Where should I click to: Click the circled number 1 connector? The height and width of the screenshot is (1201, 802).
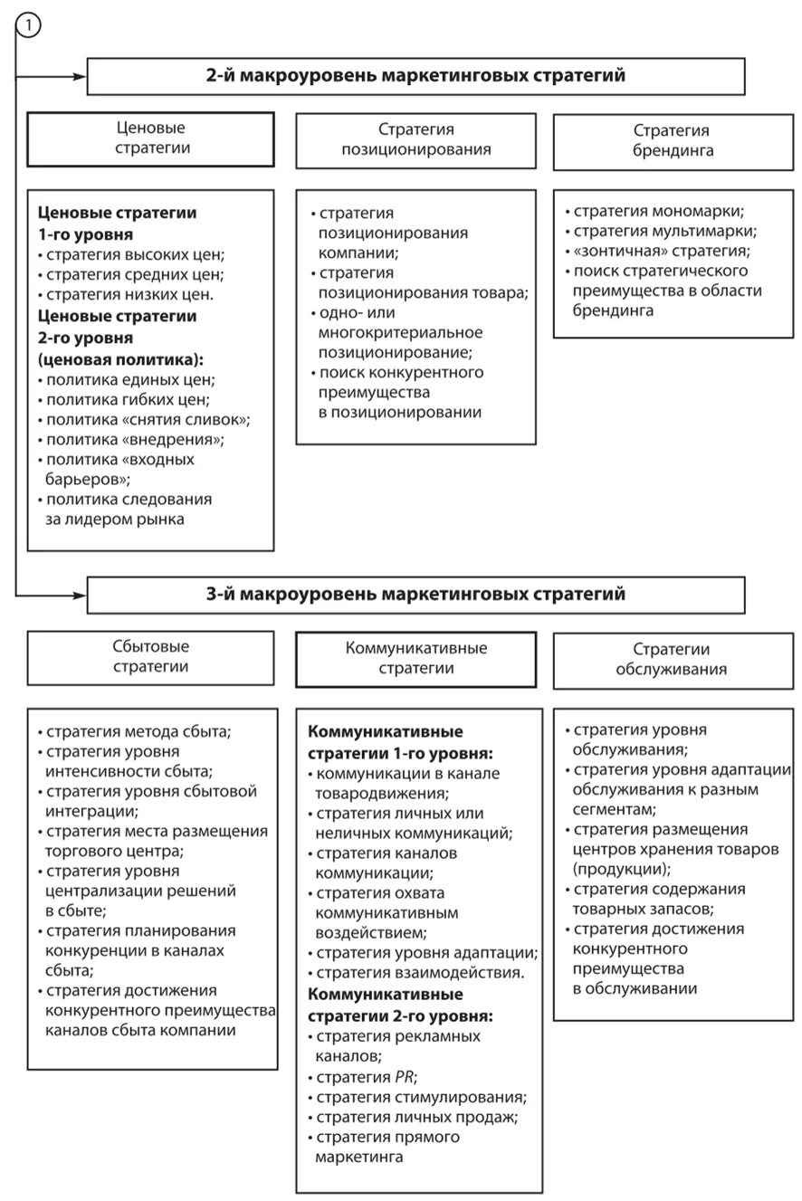pos(28,26)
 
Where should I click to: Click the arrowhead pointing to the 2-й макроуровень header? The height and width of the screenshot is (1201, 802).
pos(80,77)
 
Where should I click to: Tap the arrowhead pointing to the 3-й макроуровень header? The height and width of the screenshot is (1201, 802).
pos(80,596)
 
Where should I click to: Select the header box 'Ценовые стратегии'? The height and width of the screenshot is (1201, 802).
pos(150,138)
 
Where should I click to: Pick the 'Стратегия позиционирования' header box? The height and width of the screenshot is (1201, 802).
pos(415,140)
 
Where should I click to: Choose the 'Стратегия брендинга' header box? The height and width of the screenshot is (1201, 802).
pos(672,141)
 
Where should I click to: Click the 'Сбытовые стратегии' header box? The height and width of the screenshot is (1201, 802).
pos(150,657)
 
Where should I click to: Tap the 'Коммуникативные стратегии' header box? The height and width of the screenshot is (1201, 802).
pos(415,659)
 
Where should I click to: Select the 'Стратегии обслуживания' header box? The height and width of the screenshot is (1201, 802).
pos(672,660)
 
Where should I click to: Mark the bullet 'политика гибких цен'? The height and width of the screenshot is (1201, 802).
pos(127,399)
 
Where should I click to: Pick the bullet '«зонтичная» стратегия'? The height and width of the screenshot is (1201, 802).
pos(661,252)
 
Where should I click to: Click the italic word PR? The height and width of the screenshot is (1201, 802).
pos(405,1077)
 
